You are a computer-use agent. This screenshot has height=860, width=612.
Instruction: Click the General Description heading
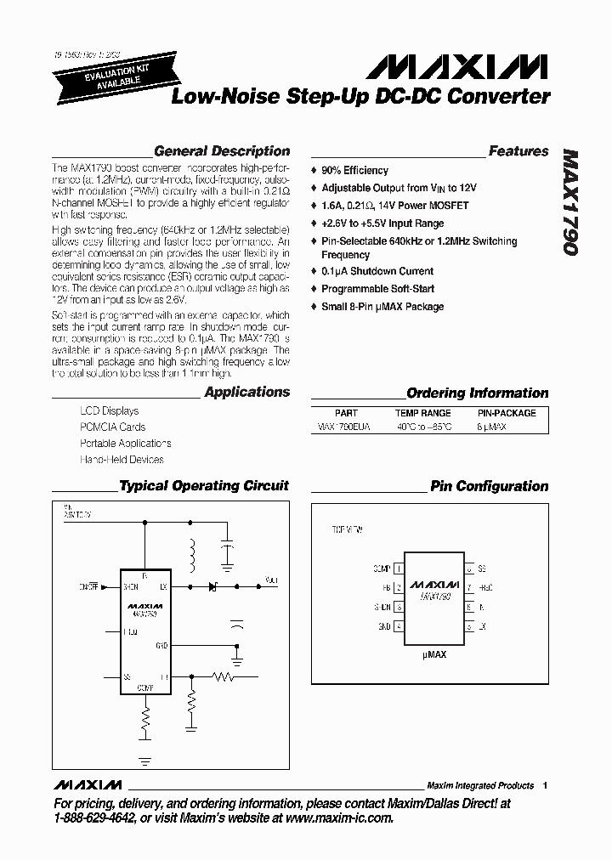[222, 151]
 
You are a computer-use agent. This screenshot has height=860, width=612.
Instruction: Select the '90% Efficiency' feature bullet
[354, 171]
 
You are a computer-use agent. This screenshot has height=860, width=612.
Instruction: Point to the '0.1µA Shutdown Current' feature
[377, 272]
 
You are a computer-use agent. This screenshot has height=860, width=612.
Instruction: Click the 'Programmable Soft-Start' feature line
[378, 290]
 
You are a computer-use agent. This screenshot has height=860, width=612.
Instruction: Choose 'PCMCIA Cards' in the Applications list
[112, 427]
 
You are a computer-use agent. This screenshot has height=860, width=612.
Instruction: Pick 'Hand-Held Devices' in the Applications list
[122, 460]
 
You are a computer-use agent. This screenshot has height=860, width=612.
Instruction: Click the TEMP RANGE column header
[423, 413]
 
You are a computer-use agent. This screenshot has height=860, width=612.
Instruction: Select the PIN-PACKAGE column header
[506, 413]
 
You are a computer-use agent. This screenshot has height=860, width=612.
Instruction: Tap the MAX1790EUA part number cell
[344, 427]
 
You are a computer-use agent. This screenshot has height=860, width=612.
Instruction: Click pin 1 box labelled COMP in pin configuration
[398, 569]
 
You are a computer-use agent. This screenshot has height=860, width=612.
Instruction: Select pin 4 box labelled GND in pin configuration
[398, 627]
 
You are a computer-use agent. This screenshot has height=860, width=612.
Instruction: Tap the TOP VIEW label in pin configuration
[347, 529]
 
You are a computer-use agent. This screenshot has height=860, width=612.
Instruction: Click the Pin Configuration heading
[489, 487]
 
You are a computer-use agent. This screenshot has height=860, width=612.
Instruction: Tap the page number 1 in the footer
[545, 785]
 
